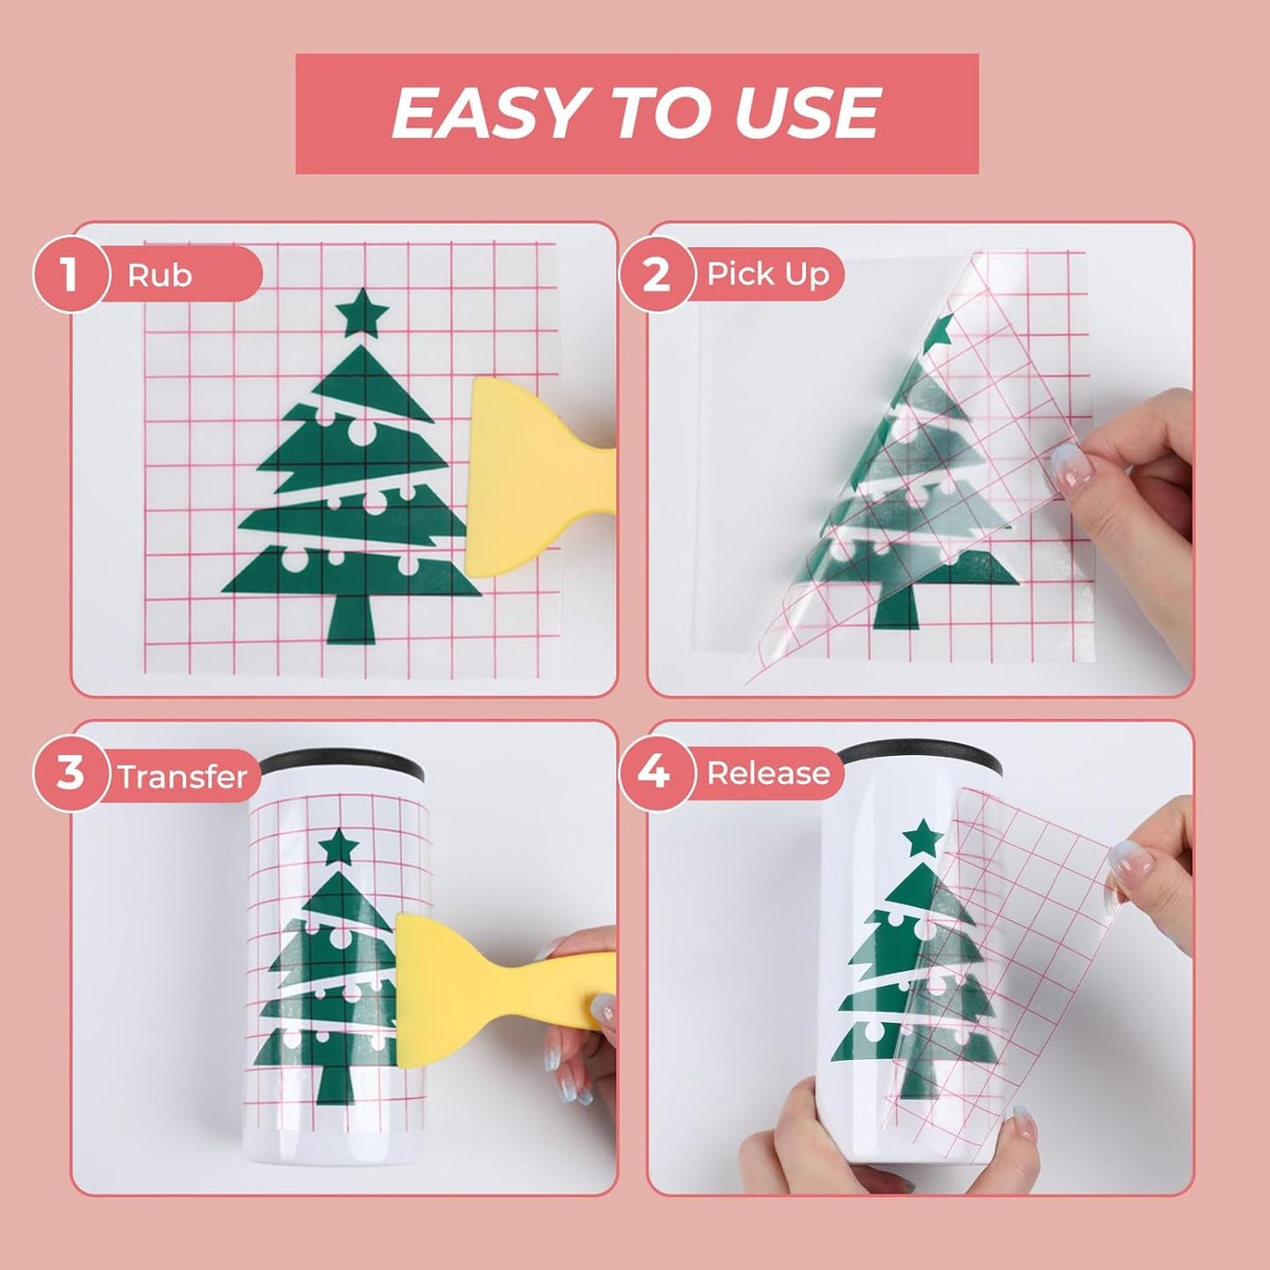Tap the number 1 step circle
coord(71,273)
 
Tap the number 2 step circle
coord(657,273)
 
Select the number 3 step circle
coord(71,773)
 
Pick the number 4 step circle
coord(657,773)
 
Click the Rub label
coord(159,275)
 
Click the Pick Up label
coord(768,274)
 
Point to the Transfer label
coord(183,777)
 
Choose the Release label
coord(768,773)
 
